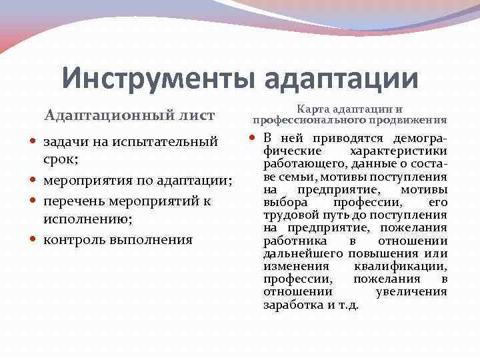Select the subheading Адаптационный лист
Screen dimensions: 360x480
[129, 115]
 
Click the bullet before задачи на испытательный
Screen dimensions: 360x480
[35, 143]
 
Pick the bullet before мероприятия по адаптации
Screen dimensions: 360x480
[35, 182]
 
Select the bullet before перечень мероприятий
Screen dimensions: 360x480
[35, 201]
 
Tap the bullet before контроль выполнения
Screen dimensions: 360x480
[35, 240]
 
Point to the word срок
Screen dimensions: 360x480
[61, 162]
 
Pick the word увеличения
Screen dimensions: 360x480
[411, 291]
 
